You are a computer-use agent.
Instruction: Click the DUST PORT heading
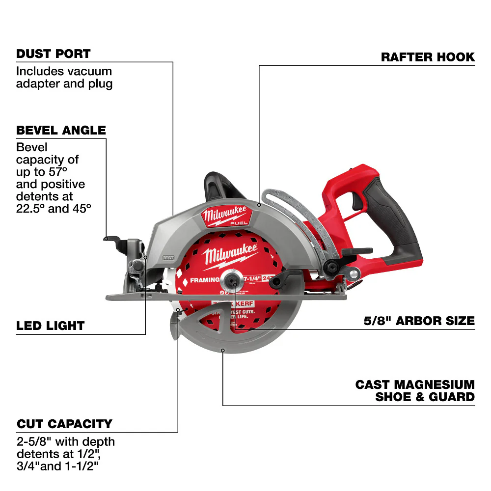point(53,54)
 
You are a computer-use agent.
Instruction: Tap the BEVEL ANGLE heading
point(61,130)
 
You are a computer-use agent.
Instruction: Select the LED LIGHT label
point(50,326)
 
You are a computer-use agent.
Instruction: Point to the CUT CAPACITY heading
point(64,424)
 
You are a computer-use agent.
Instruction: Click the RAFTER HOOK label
point(428,57)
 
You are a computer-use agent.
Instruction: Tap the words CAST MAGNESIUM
point(415,384)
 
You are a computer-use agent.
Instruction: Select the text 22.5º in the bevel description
point(29,208)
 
